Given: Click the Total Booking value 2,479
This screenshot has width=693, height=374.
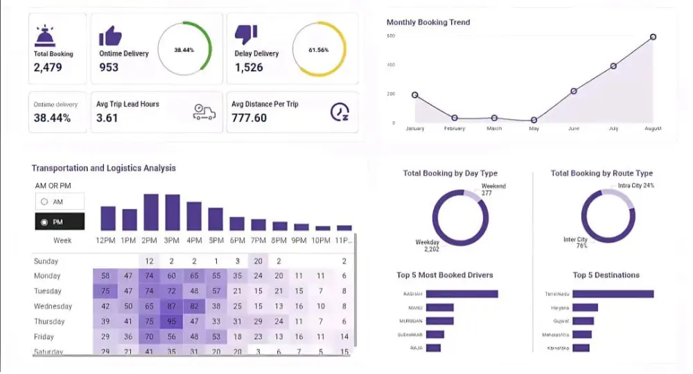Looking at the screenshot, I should click(48, 67).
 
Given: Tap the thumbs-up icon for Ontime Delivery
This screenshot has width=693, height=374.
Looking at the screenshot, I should click(109, 36).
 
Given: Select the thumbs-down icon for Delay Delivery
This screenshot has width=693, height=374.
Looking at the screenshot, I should click(246, 35).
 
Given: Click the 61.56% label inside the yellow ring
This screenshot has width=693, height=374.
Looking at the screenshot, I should click(319, 50).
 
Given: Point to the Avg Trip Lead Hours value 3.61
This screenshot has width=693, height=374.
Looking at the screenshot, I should click(107, 118).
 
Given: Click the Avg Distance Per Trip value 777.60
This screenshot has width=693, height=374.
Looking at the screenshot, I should click(249, 118).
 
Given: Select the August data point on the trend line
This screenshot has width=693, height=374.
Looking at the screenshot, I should click(653, 37).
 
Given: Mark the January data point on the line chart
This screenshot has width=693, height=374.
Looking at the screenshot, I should click(414, 95).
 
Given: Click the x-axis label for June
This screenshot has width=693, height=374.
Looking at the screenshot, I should click(573, 128).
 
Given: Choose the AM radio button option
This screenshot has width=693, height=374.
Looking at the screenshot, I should click(45, 202).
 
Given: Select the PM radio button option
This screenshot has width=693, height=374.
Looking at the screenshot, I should click(45, 222).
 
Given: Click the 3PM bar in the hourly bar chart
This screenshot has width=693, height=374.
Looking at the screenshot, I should click(171, 212).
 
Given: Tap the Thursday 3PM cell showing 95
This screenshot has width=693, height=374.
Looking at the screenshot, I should click(171, 321).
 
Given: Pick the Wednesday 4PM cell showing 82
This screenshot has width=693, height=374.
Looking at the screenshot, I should click(194, 306).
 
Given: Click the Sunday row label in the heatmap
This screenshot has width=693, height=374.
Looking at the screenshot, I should click(46, 261).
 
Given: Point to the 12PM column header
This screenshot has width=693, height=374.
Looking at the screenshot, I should click(107, 240).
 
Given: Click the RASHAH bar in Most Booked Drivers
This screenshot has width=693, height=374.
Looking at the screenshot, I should click(462, 294).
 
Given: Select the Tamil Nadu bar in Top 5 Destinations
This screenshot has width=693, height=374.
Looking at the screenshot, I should click(613, 294).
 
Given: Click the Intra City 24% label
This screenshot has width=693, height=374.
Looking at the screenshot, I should click(637, 186).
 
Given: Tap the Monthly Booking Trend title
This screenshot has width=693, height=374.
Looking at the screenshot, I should click(428, 22).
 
